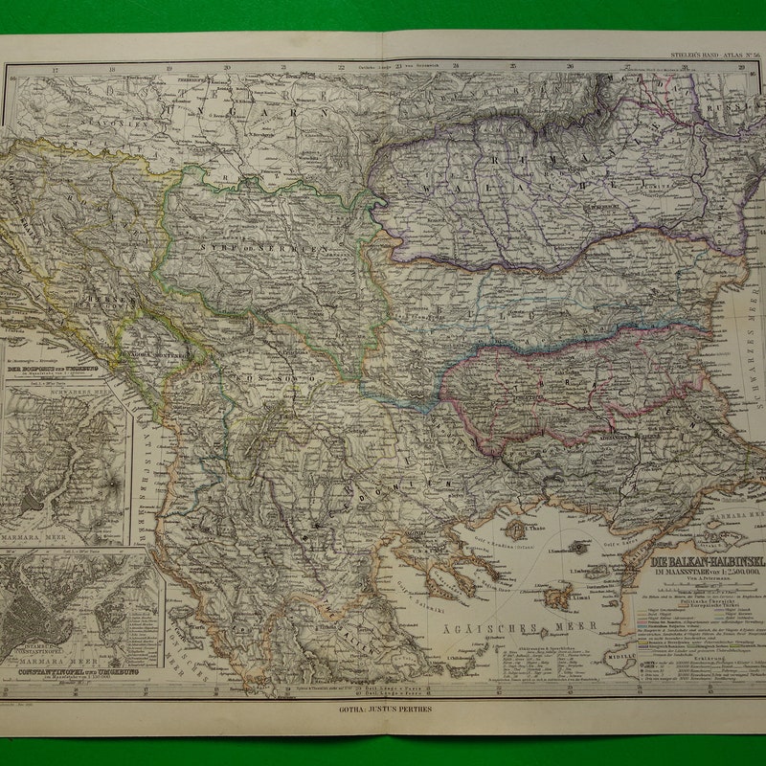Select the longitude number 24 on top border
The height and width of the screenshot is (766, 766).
click(456, 67)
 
